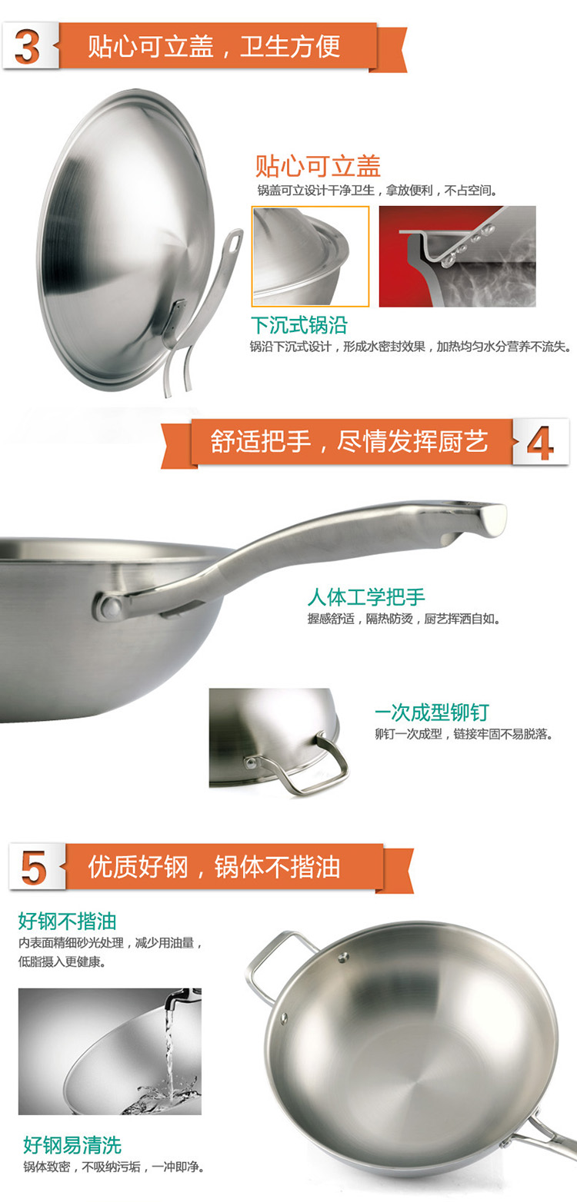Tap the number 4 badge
point(540,442)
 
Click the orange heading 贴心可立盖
point(318,166)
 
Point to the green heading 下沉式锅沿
point(299,325)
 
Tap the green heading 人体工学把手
point(366,596)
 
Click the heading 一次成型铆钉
point(432,712)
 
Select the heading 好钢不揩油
point(67,921)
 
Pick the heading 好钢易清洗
point(72,1144)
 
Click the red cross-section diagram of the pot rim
point(457,257)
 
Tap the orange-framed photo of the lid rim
point(311,257)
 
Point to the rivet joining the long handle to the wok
point(112,606)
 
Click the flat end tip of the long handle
point(493,520)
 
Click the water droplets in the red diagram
point(465,247)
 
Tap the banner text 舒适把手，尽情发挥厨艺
point(349,442)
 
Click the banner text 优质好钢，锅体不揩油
point(214,866)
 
